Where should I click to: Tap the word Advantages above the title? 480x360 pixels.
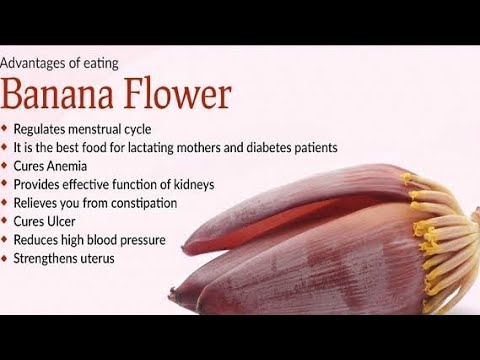[39, 63]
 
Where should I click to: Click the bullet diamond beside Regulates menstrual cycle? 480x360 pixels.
[6, 129]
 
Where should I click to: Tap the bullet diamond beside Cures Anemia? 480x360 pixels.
[6, 166]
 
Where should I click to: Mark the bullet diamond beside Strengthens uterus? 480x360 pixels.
[6, 258]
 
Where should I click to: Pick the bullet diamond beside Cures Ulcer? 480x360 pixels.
[6, 221]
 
